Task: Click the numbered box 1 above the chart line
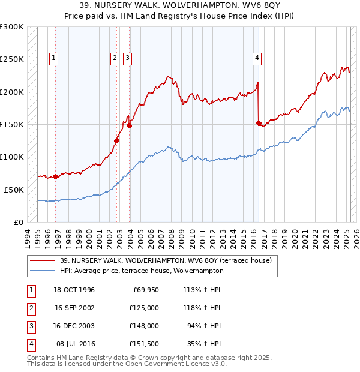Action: [54, 58]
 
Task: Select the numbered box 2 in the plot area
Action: [114, 58]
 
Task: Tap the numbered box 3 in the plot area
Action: [128, 58]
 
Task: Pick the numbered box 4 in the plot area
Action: [257, 58]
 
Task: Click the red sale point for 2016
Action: [259, 124]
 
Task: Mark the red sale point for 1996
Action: [55, 176]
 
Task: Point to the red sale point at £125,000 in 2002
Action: [117, 141]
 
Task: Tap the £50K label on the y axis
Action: [14, 190]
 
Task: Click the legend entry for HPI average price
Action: [142, 271]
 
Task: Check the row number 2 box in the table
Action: [30, 308]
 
